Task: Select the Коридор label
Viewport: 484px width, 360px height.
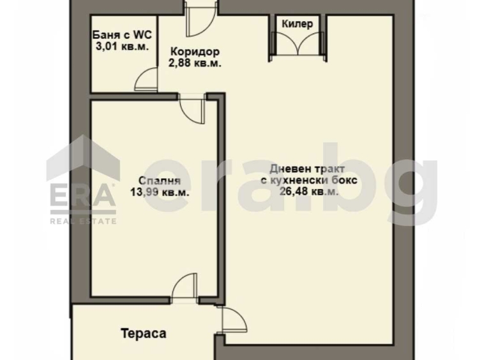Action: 195,52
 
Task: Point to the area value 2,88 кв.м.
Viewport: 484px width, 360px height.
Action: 195,63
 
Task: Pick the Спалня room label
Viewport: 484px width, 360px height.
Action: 155,181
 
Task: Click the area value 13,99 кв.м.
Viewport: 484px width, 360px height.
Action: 155,192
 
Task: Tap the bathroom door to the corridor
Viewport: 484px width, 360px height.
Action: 146,82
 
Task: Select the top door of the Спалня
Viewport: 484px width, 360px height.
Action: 192,109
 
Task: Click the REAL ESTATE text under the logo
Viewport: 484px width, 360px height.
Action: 84,221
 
